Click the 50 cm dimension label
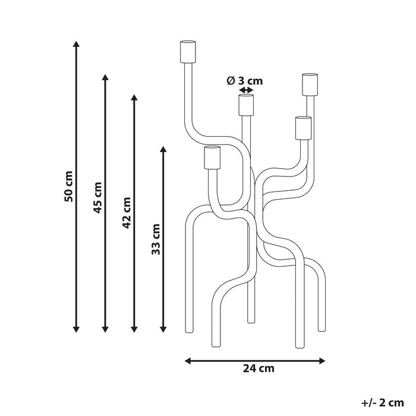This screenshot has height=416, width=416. (69, 186)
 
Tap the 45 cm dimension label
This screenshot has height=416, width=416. (98, 197)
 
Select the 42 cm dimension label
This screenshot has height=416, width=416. (127, 211)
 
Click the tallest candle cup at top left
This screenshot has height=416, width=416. (187, 51)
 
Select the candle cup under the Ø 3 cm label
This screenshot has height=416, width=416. (246, 104)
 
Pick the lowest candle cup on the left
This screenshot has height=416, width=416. (212, 157)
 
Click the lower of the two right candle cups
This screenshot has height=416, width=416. (302, 127)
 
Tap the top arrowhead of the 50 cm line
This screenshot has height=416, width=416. (76, 43)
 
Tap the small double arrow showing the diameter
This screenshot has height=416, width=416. (245, 90)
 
